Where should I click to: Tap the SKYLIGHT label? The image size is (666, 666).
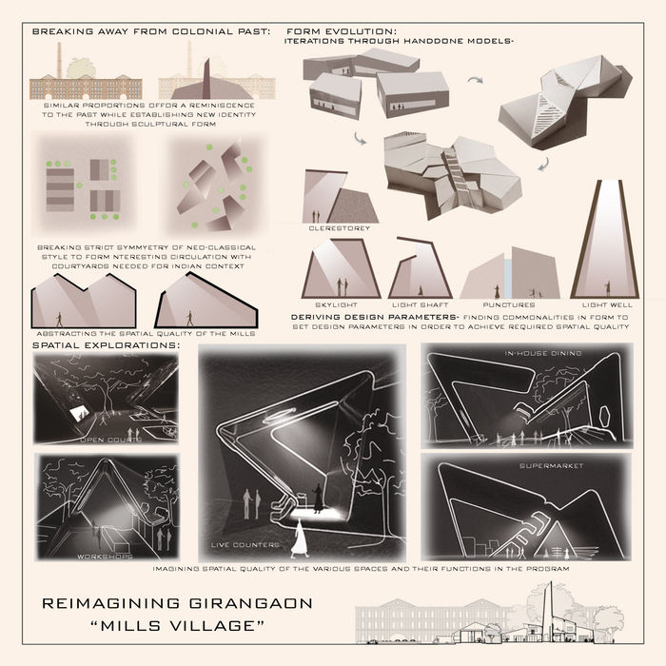pos(341,304)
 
